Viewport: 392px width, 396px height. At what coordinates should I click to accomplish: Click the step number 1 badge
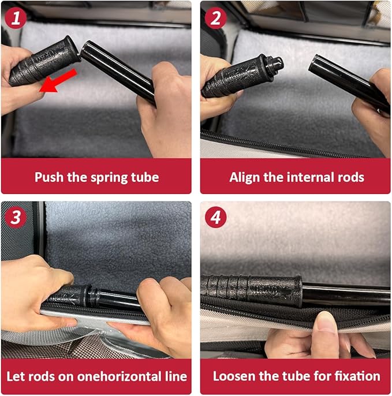tap(16, 18)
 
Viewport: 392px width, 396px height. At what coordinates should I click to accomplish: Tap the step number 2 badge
tap(215, 18)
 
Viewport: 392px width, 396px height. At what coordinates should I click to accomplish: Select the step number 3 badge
tap(16, 217)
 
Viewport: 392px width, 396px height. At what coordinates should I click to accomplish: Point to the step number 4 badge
tap(215, 217)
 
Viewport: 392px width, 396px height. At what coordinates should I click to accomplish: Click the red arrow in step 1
tap(58, 81)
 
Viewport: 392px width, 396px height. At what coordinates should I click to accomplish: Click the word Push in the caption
tap(49, 177)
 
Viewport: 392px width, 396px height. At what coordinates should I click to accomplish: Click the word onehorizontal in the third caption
tap(120, 376)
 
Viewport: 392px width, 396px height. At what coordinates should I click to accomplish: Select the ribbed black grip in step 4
tap(251, 290)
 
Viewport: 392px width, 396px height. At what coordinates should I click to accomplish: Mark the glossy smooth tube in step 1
tap(118, 71)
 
